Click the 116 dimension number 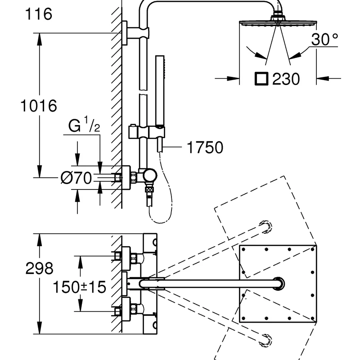tap(39, 14)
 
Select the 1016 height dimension tap(39, 106)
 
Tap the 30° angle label tap(324, 39)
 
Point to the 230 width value tap(286, 79)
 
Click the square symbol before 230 tap(261, 79)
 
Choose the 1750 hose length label tap(205, 147)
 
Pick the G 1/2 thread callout tap(84, 125)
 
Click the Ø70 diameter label tap(76, 178)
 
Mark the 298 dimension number tap(39, 268)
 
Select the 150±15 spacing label tap(80, 287)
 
